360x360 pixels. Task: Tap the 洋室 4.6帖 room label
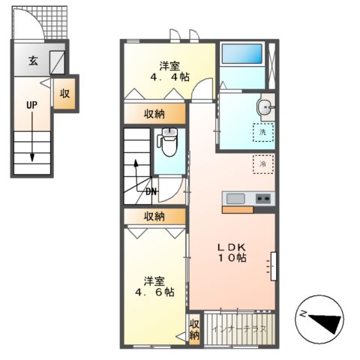click(x=154, y=285)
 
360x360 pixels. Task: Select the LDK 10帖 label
click(x=232, y=252)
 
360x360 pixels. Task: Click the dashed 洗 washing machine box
click(x=262, y=133)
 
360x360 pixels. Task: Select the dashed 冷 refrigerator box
click(x=262, y=163)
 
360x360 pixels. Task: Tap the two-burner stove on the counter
click(x=263, y=199)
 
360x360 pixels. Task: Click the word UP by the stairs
click(x=31, y=105)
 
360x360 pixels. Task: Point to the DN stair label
click(x=151, y=191)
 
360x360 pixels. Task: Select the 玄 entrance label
click(x=34, y=62)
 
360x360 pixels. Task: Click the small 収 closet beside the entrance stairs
click(x=65, y=94)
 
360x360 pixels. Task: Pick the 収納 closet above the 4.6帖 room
click(x=154, y=216)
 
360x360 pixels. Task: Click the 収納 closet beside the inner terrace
click(x=194, y=329)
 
